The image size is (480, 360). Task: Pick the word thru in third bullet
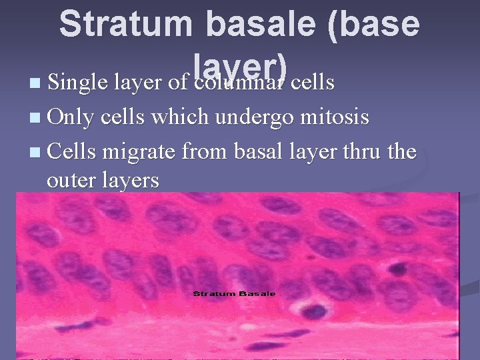coord(359,152)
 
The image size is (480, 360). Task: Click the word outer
coord(70,180)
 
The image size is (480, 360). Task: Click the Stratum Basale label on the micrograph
coord(234,293)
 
